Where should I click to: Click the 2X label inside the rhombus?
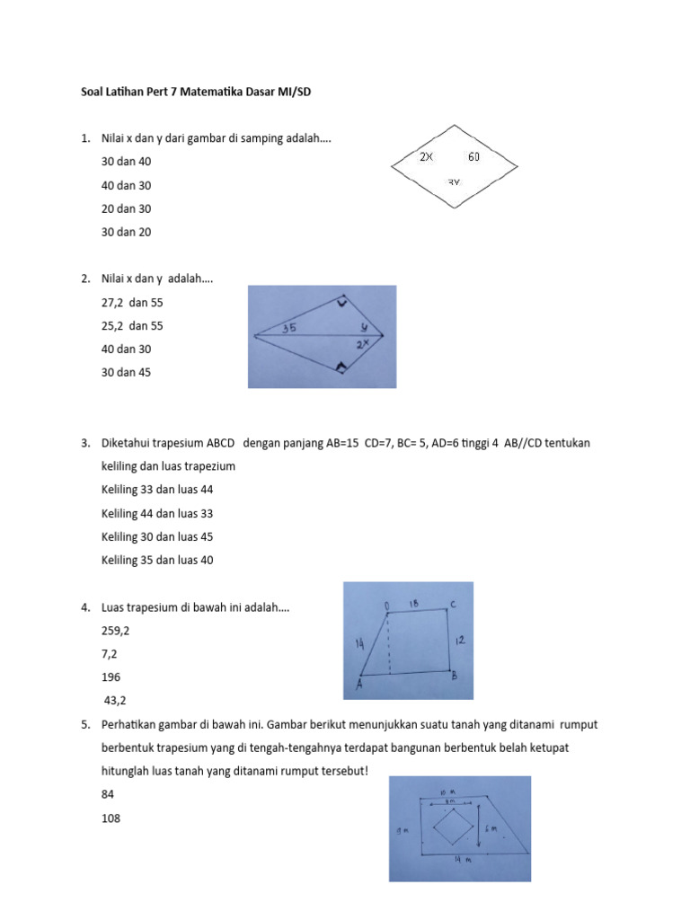[x=427, y=156]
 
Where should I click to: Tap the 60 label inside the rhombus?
[x=473, y=156]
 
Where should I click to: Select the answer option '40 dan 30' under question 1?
[x=127, y=185]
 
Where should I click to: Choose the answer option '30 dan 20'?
[x=127, y=232]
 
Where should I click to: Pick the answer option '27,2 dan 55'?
[x=133, y=303]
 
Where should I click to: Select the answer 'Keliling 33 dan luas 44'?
[x=157, y=490]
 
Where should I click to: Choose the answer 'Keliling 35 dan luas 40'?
[x=157, y=560]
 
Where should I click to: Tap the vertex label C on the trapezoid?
[x=455, y=605]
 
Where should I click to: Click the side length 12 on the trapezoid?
[x=458, y=641]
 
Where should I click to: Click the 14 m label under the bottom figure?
[x=458, y=860]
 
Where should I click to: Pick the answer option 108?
[x=111, y=818]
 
